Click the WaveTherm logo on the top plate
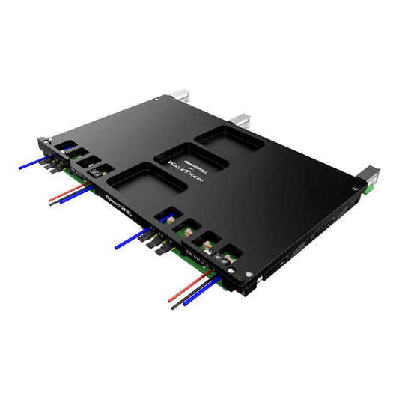[188, 168]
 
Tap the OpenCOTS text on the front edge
[120, 200]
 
